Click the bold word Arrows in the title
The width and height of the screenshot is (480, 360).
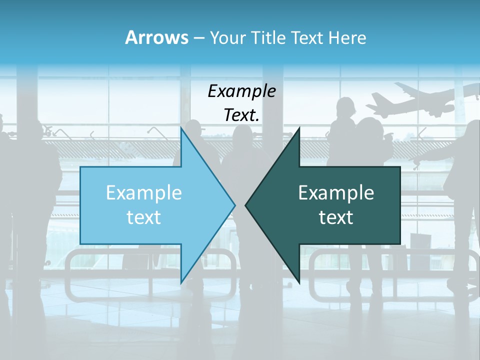(x=156, y=37)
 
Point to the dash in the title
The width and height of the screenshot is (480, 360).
(x=198, y=38)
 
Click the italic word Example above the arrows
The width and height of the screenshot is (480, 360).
(x=241, y=91)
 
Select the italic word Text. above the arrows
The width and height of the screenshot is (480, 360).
(x=241, y=115)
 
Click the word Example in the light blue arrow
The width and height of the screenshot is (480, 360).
(x=143, y=192)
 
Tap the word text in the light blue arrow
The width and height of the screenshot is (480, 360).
(x=143, y=217)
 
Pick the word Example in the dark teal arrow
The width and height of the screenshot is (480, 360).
(x=336, y=192)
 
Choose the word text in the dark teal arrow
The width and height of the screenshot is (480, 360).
(x=336, y=217)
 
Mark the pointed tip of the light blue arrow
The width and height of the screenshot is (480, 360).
(x=234, y=204)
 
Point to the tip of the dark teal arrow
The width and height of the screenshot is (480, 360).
(x=246, y=204)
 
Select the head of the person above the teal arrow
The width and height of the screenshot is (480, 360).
(x=345, y=107)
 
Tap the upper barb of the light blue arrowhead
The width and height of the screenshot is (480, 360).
(x=181, y=129)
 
